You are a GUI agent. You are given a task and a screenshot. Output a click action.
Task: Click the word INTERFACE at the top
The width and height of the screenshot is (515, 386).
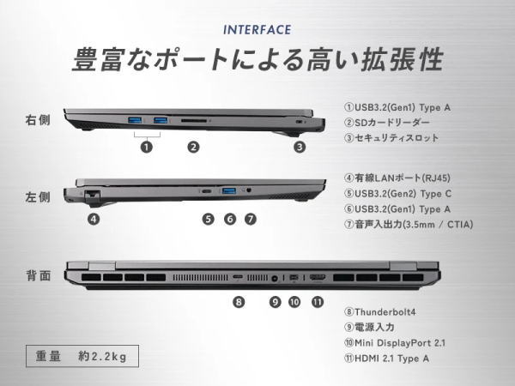click(257, 30)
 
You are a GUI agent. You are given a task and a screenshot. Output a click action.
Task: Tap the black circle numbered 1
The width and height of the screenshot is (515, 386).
click(147, 147)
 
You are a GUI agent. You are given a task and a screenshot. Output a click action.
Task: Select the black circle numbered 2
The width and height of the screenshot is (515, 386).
click(193, 147)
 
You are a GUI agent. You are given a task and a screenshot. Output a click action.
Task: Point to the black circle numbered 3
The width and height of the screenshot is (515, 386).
click(300, 147)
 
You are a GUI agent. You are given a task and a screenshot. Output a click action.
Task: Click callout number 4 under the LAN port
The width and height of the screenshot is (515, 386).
click(94, 219)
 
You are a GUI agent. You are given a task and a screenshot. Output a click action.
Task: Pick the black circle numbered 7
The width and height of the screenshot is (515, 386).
click(251, 219)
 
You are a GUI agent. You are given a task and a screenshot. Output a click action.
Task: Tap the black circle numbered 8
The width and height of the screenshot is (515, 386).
click(239, 302)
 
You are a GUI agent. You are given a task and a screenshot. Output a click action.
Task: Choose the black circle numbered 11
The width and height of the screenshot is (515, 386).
click(318, 302)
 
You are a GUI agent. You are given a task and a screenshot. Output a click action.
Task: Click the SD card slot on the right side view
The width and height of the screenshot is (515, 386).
click(194, 121)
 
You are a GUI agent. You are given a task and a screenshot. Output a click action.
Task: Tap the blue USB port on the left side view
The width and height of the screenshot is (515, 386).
click(229, 190)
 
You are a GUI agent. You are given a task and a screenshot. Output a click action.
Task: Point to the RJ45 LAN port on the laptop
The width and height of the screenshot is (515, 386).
click(93, 194)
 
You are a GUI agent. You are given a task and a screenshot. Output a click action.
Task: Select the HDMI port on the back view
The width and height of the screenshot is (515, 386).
click(318, 278)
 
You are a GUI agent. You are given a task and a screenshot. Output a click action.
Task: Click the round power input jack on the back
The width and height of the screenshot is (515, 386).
click(275, 279)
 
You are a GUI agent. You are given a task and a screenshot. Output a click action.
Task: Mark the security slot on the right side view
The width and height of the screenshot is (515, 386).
click(299, 122)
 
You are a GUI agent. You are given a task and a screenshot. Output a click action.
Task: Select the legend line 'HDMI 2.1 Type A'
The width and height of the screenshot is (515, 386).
click(386, 359)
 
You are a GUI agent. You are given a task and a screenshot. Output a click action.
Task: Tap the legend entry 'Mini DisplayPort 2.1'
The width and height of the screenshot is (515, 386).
click(395, 343)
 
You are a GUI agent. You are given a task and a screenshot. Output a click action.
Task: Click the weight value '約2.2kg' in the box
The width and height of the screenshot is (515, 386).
click(102, 356)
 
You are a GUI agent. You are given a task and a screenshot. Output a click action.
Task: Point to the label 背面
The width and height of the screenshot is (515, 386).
click(39, 275)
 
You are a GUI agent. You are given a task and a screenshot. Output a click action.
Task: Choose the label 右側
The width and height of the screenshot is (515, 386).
click(38, 120)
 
